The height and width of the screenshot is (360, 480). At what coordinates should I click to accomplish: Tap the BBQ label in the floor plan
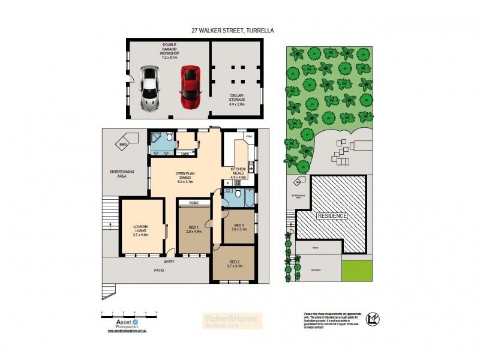point(123,144)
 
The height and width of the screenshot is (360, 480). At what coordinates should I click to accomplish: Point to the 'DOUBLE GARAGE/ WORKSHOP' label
point(169,50)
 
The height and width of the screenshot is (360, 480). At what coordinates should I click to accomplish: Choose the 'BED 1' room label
point(193,229)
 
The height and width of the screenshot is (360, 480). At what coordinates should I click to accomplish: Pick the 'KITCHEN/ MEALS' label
point(239,175)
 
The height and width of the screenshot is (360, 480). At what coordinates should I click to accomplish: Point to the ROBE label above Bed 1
point(194,203)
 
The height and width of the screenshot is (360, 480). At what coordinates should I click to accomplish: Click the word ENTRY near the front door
point(169,262)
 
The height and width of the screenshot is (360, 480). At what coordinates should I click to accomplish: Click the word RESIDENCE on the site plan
point(332,215)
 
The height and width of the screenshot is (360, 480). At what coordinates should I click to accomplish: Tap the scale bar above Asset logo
point(128,313)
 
